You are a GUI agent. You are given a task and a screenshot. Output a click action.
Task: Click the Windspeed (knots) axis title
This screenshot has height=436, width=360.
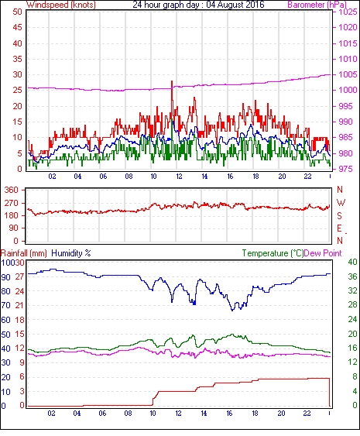(x=61, y=5)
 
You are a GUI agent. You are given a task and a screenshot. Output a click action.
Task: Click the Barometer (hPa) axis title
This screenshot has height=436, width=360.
(x=317, y=5)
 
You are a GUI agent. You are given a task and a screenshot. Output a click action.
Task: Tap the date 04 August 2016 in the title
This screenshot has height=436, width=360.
(x=235, y=5)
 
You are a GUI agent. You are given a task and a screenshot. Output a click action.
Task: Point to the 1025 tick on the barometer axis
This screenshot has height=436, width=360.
(x=348, y=12)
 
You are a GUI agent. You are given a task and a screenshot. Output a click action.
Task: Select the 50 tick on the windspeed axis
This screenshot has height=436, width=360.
(x=17, y=12)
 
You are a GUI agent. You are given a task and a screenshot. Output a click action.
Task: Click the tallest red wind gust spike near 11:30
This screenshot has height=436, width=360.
(x=172, y=81)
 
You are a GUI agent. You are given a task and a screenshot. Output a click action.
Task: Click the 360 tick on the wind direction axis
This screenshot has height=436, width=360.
(x=12, y=191)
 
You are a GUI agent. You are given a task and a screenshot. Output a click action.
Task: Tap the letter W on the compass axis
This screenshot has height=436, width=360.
(x=341, y=203)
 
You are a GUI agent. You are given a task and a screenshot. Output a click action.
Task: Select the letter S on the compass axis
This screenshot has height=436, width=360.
(x=339, y=216)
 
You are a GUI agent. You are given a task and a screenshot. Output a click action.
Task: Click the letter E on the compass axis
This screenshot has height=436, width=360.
(x=339, y=228)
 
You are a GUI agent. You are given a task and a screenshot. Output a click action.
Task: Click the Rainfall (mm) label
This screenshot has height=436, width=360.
(x=24, y=253)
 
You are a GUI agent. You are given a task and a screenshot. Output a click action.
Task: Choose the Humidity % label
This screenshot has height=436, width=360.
(x=71, y=253)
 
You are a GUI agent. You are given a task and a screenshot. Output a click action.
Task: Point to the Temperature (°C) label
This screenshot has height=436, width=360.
(x=273, y=253)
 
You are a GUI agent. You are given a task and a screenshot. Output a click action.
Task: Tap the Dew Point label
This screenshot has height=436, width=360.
(x=323, y=253)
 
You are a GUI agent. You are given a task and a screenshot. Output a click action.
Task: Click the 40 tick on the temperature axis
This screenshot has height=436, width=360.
(x=352, y=262)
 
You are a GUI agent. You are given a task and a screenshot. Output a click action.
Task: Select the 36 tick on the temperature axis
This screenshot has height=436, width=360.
(x=352, y=276)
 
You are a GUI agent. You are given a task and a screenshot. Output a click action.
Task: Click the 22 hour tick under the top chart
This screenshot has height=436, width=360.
(x=307, y=177)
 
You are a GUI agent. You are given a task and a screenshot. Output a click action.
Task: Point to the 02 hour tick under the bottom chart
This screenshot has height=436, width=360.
(x=51, y=414)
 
